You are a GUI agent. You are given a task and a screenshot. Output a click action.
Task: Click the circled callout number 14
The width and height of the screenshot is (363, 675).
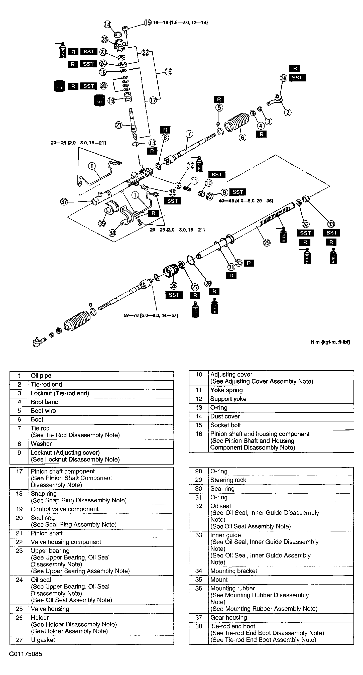pyautogui.click(x=107, y=24)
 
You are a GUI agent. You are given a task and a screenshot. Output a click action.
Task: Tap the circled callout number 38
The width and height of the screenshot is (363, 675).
pyautogui.click(x=284, y=78)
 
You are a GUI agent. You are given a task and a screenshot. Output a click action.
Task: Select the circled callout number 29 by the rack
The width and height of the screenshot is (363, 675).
pyautogui.click(x=267, y=243)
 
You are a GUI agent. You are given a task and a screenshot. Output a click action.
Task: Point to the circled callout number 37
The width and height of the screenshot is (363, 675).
pyautogui.click(x=64, y=201)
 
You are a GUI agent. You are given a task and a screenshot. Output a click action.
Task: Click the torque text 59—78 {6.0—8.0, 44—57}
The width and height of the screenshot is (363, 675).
pyautogui.click(x=151, y=315)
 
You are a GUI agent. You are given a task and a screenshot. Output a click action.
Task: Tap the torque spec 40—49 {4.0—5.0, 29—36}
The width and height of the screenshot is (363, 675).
pyautogui.click(x=246, y=201)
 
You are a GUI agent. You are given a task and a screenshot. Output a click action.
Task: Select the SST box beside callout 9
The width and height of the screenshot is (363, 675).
pyautogui.click(x=237, y=192)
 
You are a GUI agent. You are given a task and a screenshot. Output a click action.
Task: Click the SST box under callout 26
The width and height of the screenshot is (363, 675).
pyautogui.click(x=174, y=295)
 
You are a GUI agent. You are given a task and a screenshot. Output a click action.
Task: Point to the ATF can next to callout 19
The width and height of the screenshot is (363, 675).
pyautogui.click(x=99, y=100)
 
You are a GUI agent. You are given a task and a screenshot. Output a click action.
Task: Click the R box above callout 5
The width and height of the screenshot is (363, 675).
pyautogui.click(x=219, y=99)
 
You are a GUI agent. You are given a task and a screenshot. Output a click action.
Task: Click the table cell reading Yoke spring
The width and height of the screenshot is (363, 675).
pyautogui.click(x=226, y=390)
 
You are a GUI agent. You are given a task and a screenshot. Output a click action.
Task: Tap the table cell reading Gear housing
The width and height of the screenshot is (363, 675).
pyautogui.click(x=228, y=617)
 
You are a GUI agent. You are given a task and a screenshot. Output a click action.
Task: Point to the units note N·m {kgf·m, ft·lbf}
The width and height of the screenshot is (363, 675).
pyautogui.click(x=330, y=342)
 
